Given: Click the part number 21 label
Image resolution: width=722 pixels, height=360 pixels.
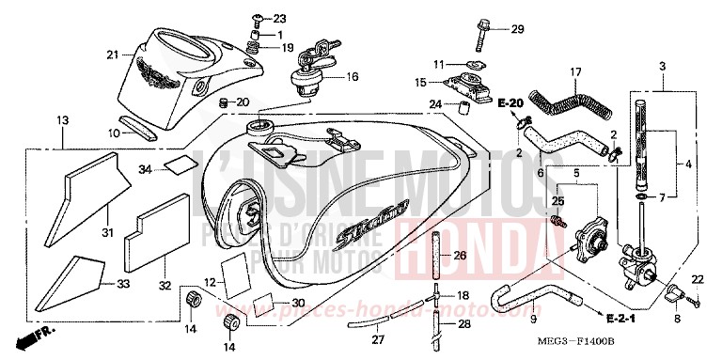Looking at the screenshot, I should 112,55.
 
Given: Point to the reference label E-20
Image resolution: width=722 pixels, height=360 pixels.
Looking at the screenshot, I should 510,102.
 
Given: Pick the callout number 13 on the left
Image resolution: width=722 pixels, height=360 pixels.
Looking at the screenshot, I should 63,120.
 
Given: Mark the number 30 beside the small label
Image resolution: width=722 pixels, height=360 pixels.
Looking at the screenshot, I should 298,303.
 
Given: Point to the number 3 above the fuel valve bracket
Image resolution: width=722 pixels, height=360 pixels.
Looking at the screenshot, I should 663,67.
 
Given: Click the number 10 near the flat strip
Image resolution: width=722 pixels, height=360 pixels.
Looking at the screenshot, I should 113,133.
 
